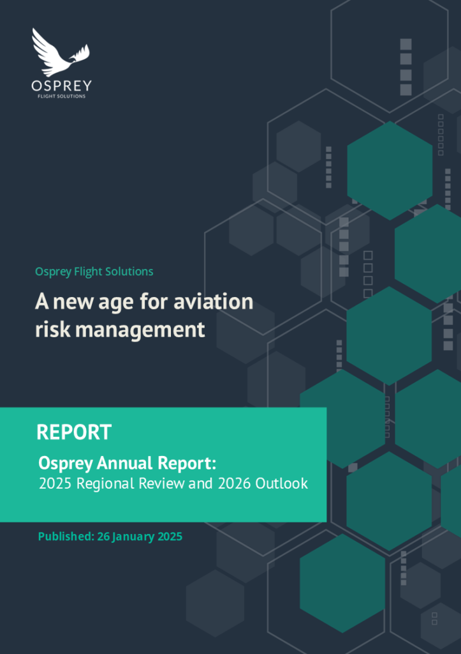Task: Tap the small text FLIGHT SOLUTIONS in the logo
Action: [x=61, y=96]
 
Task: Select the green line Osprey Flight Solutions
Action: [x=94, y=271]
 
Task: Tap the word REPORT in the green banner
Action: [x=74, y=432]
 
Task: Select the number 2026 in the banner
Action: [x=234, y=483]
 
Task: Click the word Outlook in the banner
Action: [x=281, y=483]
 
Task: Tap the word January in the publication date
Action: [x=133, y=536]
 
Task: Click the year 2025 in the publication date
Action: [x=169, y=536]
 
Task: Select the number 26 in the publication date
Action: [x=103, y=536]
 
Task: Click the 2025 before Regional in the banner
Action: [x=55, y=483]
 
